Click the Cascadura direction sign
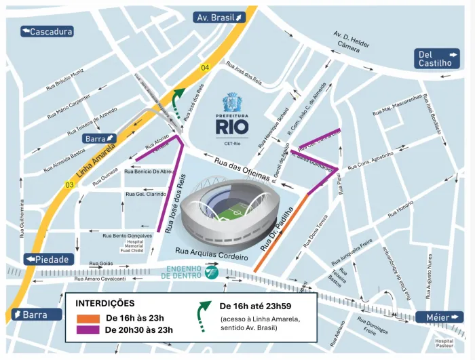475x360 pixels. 47,31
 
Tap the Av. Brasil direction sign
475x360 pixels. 219,17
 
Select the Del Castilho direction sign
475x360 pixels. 437,58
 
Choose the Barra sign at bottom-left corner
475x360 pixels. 31,315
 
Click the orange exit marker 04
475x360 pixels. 205,67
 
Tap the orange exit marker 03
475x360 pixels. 69,184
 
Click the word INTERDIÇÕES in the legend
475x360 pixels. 104,303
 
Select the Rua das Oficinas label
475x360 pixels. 242,169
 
